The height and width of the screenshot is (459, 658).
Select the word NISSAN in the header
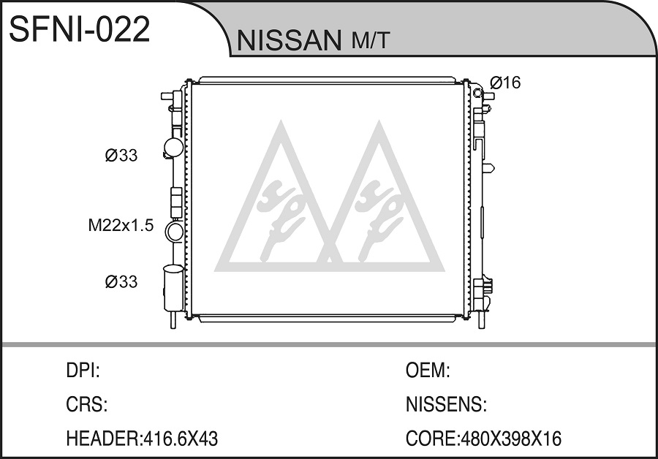click(x=289, y=40)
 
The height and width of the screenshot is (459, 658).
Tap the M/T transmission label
click(x=371, y=41)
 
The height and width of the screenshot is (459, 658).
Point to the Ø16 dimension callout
click(x=505, y=83)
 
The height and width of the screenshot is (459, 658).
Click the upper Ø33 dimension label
click(x=121, y=156)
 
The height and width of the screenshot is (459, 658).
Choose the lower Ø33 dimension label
click(x=121, y=281)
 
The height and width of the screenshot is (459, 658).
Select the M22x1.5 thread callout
click(x=121, y=226)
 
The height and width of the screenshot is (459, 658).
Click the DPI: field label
click(x=83, y=371)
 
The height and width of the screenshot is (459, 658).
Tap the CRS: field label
click(x=87, y=404)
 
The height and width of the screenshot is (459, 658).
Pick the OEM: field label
click(x=428, y=371)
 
